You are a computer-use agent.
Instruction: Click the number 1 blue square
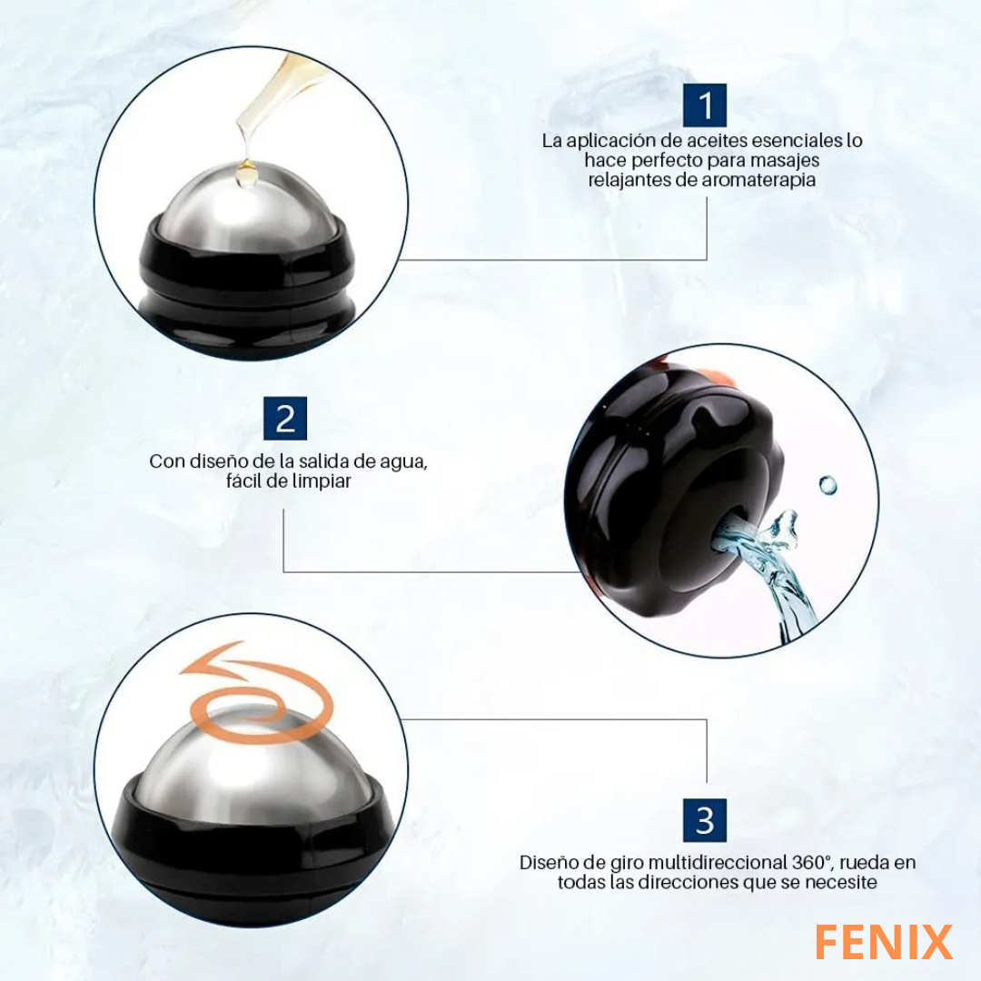(x=705, y=105)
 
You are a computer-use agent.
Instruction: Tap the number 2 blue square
(x=285, y=418)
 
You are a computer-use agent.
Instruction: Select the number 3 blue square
(x=705, y=820)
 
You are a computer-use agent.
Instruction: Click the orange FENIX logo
(x=884, y=942)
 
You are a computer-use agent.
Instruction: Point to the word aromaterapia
(x=758, y=180)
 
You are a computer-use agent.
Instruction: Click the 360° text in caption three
(x=812, y=863)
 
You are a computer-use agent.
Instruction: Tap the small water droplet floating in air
(x=827, y=484)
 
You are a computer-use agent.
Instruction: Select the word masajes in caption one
(x=785, y=160)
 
